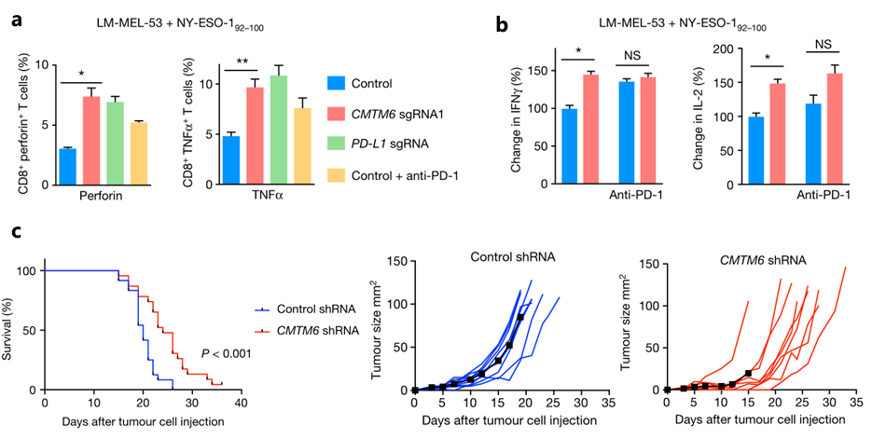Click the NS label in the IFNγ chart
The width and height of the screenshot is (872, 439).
pyautogui.click(x=634, y=54)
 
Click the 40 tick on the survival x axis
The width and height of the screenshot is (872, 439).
pyautogui.click(x=241, y=405)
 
